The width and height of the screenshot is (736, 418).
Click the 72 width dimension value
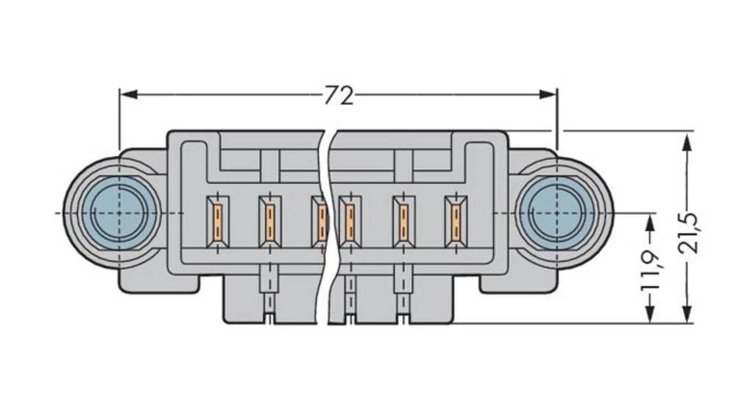pos(339,95)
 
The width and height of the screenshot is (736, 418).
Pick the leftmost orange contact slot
pos(218,220)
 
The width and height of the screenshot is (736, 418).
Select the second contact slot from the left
pos(270,220)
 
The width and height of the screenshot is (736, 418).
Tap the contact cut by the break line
pos(321,220)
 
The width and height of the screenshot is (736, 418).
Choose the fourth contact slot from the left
pos(349,220)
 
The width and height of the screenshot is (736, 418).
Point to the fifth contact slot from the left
pos(403,220)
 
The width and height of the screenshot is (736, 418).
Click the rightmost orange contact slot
pos(456,220)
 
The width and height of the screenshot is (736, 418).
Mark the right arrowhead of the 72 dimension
pos(548,94)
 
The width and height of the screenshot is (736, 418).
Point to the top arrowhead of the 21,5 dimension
pos(687,141)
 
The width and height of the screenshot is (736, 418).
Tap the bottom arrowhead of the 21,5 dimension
pos(687,314)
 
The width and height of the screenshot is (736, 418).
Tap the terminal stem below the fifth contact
pos(403,291)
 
